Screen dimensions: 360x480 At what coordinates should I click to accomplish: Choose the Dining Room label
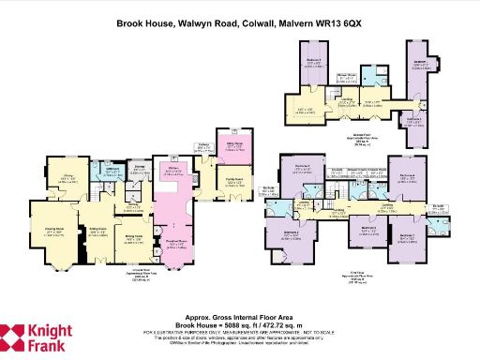click(132, 238)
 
